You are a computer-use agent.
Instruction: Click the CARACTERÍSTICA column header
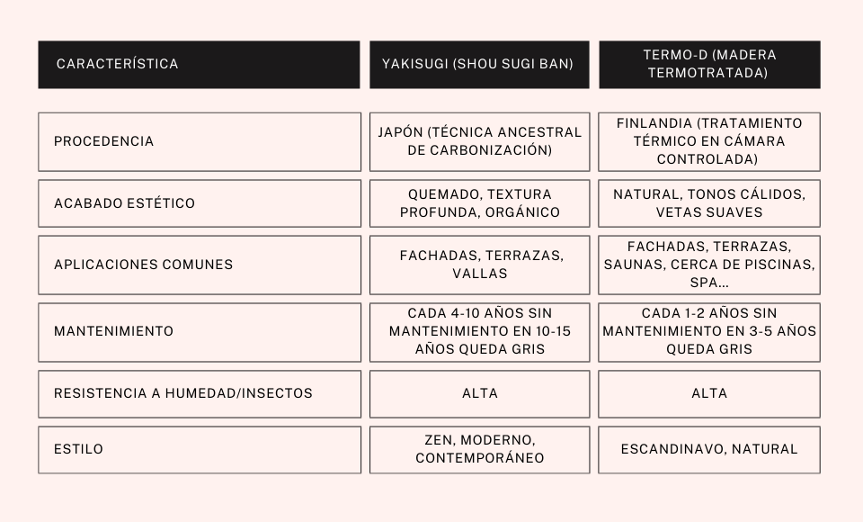pyautogui.click(x=117, y=64)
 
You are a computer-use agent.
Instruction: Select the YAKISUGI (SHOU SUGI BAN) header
pyautogui.click(x=478, y=64)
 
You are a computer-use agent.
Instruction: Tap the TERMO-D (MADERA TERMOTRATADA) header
pyautogui.click(x=709, y=64)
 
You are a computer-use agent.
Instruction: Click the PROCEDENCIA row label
pyautogui.click(x=103, y=141)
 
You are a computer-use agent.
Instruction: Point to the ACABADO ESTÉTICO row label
pyautogui.click(x=124, y=203)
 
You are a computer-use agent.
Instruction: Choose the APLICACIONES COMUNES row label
pyautogui.click(x=143, y=265)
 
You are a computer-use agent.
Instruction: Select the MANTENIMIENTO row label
pyautogui.click(x=113, y=331)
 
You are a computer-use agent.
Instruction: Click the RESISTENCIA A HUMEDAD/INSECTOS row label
pyautogui.click(x=182, y=393)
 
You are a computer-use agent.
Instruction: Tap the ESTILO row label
pyautogui.click(x=78, y=449)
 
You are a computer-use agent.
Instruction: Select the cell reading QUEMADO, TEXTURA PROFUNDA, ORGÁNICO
pyautogui.click(x=479, y=203)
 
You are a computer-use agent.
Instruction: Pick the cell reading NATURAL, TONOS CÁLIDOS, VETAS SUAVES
pyautogui.click(x=709, y=203)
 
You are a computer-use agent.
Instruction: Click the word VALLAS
pyautogui.click(x=480, y=274)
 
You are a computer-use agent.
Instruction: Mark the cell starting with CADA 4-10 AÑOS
pyautogui.click(x=479, y=331)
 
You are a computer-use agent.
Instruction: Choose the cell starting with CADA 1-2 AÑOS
pyautogui.click(x=709, y=331)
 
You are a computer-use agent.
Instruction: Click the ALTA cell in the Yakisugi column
pyautogui.click(x=479, y=393)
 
